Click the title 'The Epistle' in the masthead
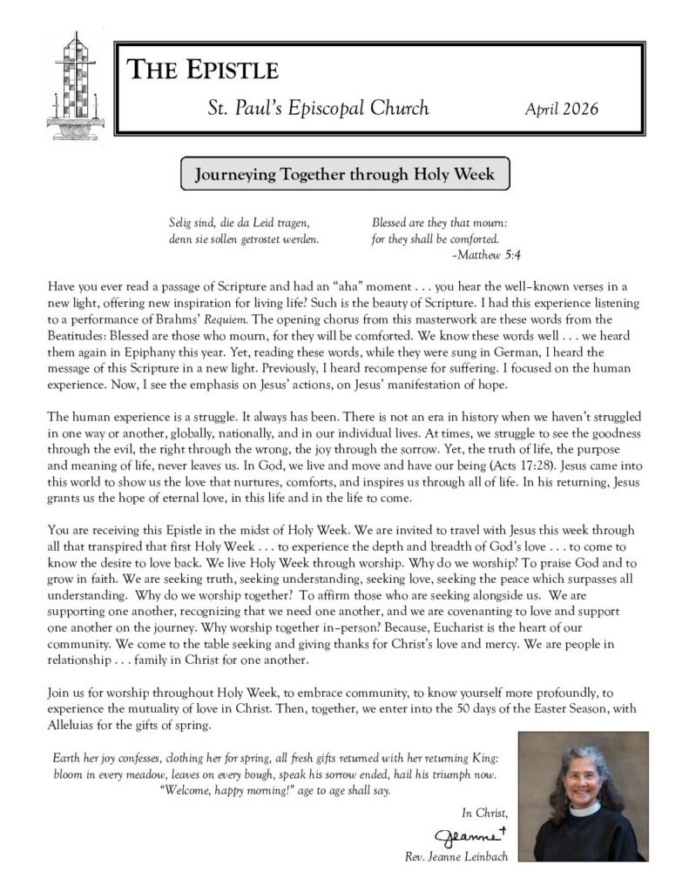click(x=204, y=70)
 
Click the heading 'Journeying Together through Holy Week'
click(x=344, y=174)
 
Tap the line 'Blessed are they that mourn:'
click(x=439, y=223)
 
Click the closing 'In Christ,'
click(x=484, y=813)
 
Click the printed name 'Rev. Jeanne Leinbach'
click(x=456, y=857)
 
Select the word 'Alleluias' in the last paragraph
click(x=69, y=726)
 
